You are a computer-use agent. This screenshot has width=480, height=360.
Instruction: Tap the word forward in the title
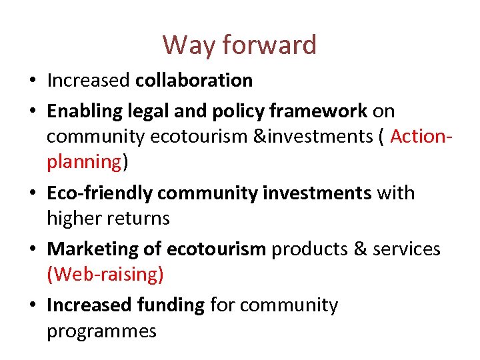click(x=269, y=45)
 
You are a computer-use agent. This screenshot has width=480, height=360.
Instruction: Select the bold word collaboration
click(x=194, y=81)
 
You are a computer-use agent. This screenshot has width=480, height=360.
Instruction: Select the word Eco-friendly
click(x=101, y=193)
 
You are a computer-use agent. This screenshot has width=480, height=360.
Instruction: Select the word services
click(x=407, y=249)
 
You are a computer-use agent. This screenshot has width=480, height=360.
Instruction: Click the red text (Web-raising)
click(x=105, y=275)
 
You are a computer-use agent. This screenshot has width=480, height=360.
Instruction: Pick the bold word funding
click(x=172, y=305)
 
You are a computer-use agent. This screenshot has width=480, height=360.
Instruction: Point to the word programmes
click(x=101, y=331)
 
